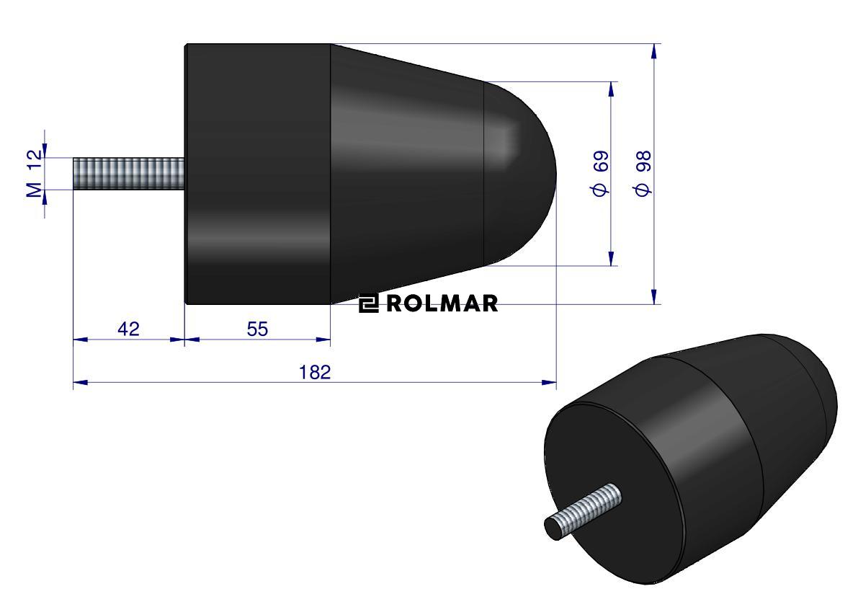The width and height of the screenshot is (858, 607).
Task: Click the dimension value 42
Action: pos(128,329)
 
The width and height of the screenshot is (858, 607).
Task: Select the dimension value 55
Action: pos(257,329)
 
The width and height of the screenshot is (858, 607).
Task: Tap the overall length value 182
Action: pos(315,372)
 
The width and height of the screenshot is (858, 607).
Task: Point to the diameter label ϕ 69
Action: pos(600,174)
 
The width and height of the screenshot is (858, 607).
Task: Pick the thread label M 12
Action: pos(34,174)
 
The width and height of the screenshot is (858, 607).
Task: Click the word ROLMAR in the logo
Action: pos(442,303)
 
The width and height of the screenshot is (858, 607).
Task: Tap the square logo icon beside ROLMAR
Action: pos(369,303)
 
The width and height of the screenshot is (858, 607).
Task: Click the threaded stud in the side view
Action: pos(129,174)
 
